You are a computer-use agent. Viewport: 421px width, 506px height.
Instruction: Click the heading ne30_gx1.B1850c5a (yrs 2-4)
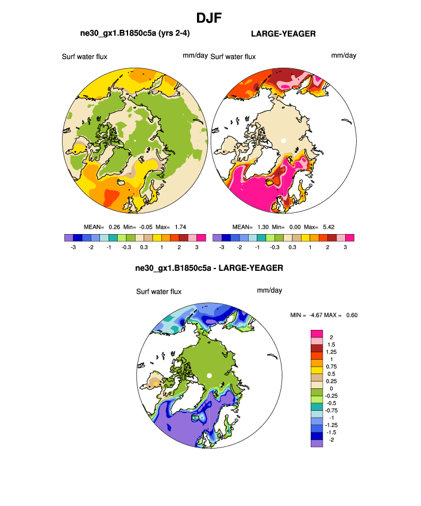pyautogui.click(x=135, y=34)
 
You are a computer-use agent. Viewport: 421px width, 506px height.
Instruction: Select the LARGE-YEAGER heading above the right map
pyautogui.click(x=283, y=34)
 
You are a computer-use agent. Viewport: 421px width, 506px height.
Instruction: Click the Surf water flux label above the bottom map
pyautogui.click(x=159, y=291)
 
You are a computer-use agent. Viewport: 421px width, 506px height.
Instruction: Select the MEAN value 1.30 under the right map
pyautogui.click(x=262, y=227)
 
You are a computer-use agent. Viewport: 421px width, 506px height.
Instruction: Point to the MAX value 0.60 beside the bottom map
pyautogui.click(x=351, y=314)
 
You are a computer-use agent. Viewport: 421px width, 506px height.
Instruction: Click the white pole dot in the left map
pyautogui.click(x=134, y=139)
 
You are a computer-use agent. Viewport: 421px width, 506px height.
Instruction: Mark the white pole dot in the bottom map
pyautogui.click(x=210, y=375)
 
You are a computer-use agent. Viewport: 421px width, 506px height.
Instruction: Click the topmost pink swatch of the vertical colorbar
pyautogui.click(x=316, y=333)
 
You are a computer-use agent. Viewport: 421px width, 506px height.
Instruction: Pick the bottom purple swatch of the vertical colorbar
pyautogui.click(x=316, y=443)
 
